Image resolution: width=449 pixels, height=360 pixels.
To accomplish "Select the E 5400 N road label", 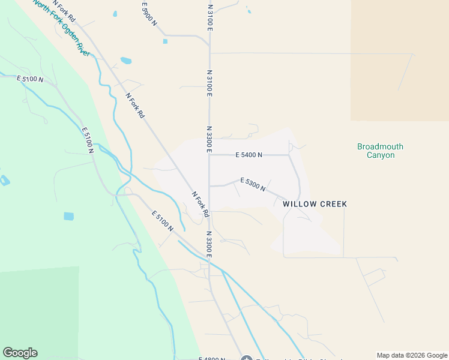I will click(249, 155).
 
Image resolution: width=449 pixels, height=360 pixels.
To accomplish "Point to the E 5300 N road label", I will click(253, 184).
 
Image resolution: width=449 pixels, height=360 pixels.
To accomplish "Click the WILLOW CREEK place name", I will click(315, 204).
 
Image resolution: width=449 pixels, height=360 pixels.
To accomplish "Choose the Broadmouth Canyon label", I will click(380, 151).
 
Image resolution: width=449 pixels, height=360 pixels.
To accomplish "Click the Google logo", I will click(20, 353).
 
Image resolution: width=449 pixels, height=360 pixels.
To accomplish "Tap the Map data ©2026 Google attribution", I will click(412, 355).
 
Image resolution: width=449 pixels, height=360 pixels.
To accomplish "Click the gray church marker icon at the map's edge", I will click(246, 359).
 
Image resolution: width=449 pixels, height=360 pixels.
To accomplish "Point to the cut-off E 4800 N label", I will click(212, 358).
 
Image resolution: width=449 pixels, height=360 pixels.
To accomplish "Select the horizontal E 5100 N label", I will click(30, 79).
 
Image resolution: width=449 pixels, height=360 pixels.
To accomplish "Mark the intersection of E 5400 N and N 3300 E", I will click(209, 155).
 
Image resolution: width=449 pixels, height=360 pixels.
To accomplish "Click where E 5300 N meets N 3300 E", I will click(209, 186).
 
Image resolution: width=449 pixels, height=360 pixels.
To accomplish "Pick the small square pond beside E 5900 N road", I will click(165, 41).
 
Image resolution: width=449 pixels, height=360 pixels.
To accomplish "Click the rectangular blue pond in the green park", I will click(68, 216).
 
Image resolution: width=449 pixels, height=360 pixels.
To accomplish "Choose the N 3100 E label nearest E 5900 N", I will click(210, 17).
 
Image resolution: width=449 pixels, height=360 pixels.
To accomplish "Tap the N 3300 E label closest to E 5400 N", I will click(209, 139).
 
